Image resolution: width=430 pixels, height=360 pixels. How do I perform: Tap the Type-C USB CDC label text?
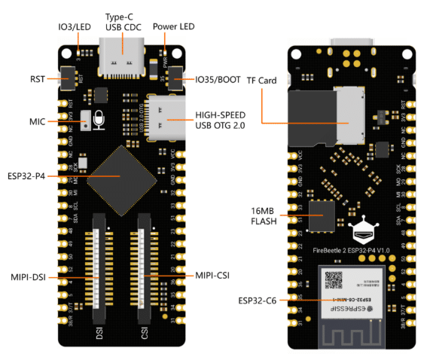coord(124,23)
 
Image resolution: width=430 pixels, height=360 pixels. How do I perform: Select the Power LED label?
coord(175,28)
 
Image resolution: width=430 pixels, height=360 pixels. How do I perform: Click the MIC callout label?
coord(38,121)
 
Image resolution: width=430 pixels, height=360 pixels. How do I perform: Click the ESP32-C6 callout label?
coord(256,301)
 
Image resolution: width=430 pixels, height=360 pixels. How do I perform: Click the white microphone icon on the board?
coord(99,118)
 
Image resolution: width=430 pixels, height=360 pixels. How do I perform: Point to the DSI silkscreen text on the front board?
coord(98,329)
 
